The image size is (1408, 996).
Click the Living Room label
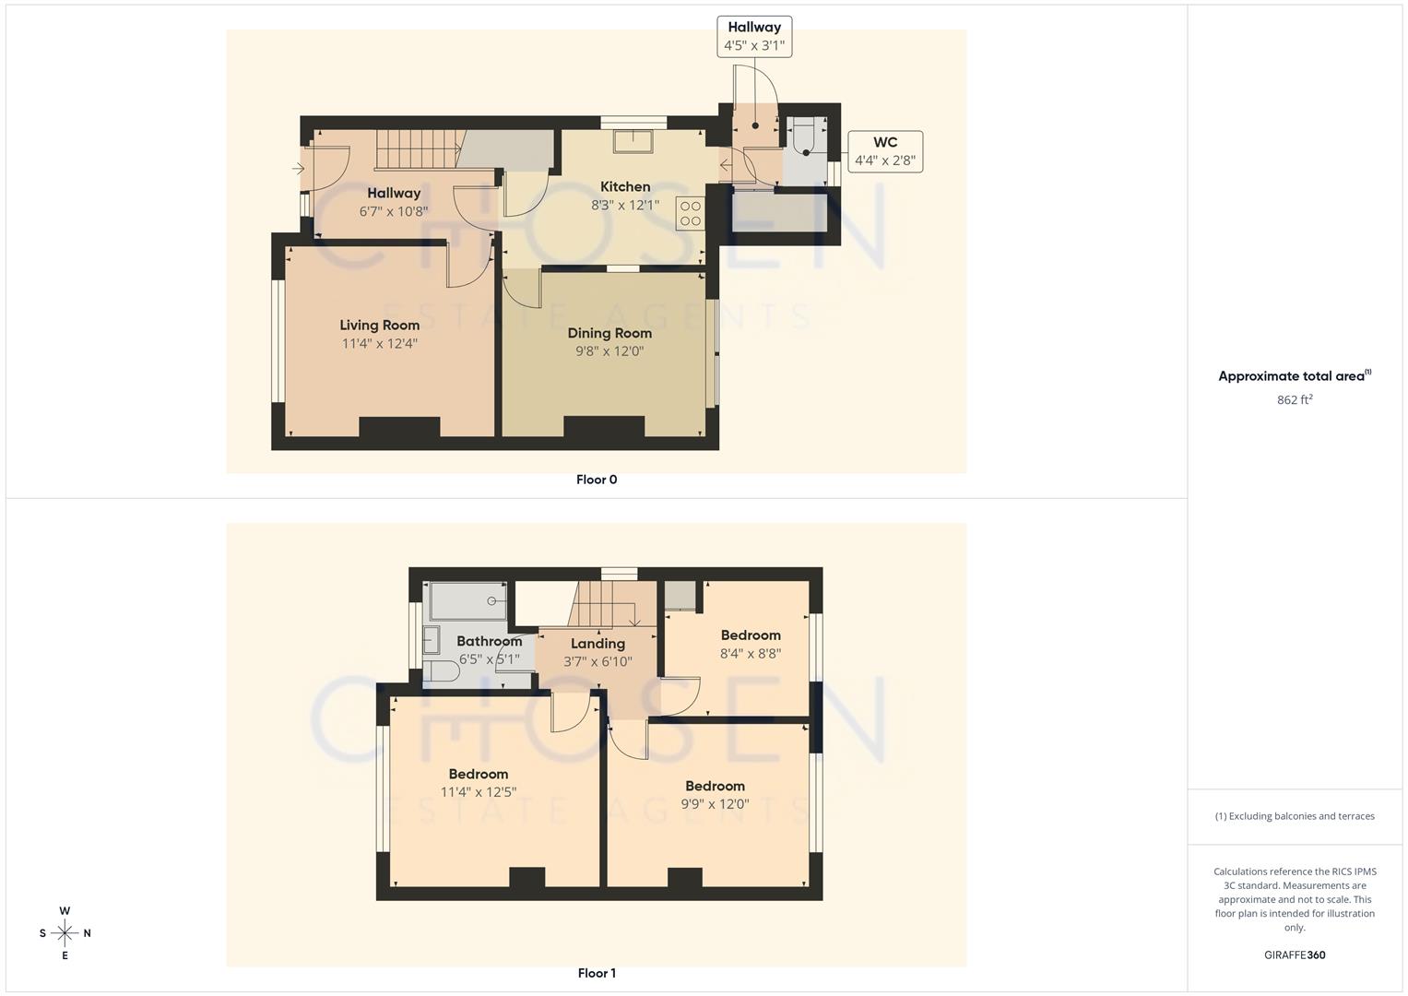(379, 325)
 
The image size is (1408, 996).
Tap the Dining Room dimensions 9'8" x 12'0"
(609, 351)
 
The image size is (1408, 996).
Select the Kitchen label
(625, 186)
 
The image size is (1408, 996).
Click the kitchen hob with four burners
(690, 214)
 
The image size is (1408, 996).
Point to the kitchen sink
(633, 140)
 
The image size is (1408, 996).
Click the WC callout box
(884, 151)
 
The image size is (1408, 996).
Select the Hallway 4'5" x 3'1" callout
(753, 36)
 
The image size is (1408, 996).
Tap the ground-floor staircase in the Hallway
(417, 149)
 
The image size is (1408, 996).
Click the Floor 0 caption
(597, 480)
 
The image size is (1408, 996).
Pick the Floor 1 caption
(597, 973)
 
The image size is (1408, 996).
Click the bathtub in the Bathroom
(468, 601)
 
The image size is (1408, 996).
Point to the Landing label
(598, 644)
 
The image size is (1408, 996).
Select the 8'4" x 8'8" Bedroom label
(751, 635)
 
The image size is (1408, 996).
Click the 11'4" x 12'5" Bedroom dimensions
(478, 792)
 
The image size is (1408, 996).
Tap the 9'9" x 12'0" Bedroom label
(715, 786)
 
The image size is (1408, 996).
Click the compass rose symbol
(65, 933)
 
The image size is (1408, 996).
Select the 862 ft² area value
(1295, 400)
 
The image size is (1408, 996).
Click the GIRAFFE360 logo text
(1295, 955)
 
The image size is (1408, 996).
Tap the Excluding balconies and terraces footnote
(1295, 816)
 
